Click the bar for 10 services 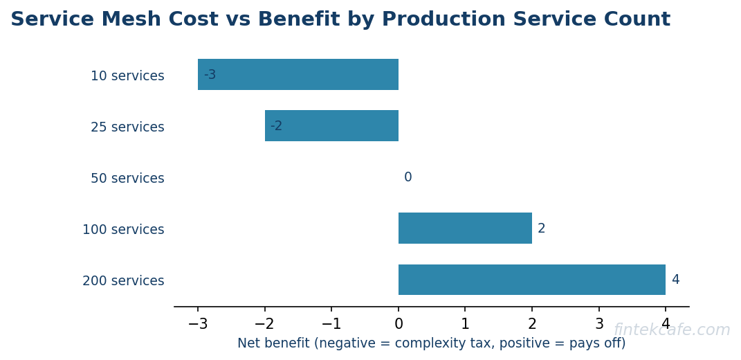(298, 75)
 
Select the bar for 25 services (331, 126)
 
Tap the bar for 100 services (465, 228)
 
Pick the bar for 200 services (531, 280)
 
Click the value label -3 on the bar (210, 75)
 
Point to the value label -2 (276, 126)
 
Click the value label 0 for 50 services (408, 177)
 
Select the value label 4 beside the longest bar (675, 280)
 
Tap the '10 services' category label (127, 76)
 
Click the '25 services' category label (127, 127)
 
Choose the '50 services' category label (127, 179)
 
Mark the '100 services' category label (123, 230)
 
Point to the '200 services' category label (123, 281)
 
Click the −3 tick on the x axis (198, 324)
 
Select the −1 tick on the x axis (331, 324)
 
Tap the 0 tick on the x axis (399, 324)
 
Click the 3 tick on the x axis (599, 324)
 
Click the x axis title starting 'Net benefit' (431, 343)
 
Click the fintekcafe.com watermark (671, 330)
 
